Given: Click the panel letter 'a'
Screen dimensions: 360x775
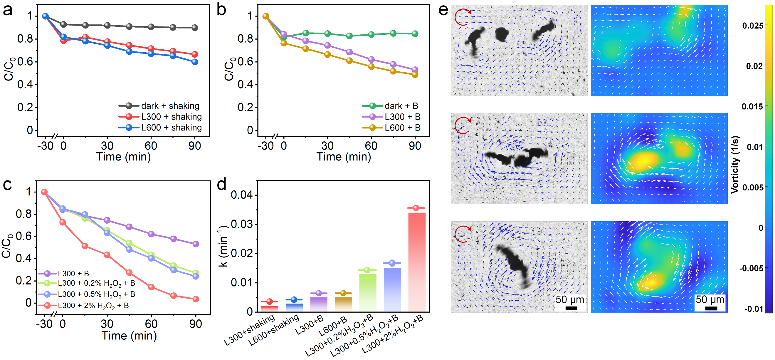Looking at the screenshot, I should tap(8, 10).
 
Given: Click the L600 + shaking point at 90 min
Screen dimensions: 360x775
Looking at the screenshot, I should tap(195, 62).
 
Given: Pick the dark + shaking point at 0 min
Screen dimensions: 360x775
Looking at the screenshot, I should tap(63, 24).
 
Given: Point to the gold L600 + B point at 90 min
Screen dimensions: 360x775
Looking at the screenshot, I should tap(415, 75).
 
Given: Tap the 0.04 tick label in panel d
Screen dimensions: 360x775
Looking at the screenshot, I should tap(242, 195).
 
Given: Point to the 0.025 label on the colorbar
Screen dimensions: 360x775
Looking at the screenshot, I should tap(753, 26).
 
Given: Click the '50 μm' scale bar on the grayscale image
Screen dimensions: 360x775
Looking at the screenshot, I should tap(571, 303).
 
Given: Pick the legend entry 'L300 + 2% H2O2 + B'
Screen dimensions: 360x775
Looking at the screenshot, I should tap(93, 306).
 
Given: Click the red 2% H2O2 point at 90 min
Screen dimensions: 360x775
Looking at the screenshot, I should tap(196, 299).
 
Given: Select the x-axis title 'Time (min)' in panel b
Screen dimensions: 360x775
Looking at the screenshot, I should tap(344, 157).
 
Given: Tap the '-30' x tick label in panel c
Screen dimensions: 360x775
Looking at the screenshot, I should tap(44, 324).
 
